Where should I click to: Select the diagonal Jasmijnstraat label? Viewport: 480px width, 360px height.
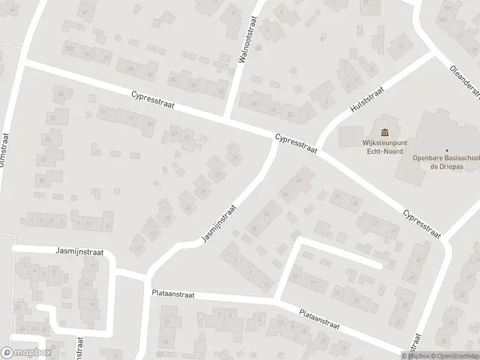[219, 224]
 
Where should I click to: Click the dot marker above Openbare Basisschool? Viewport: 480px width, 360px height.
[446, 151]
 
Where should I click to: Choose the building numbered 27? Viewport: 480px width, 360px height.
[217, 175]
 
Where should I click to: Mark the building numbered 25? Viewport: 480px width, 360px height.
[203, 192]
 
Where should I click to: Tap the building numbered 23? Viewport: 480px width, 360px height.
[189, 208]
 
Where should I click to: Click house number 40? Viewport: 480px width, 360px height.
[299, 173]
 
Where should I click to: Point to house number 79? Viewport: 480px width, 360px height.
[103, 112]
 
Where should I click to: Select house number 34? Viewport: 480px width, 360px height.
[47, 139]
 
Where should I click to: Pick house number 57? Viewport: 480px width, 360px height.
[338, 196]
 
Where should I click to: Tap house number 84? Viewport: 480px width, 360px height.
[150, 74]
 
